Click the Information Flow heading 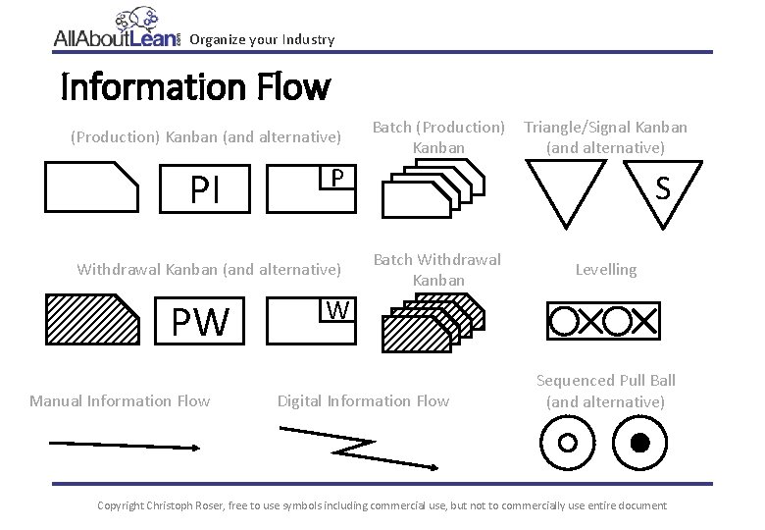(x=195, y=88)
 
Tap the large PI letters (x=205, y=189)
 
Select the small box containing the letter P (x=335, y=178)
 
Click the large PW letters (x=199, y=321)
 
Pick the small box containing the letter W (x=335, y=310)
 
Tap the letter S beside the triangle (x=663, y=187)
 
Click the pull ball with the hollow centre (x=567, y=443)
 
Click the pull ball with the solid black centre (x=638, y=443)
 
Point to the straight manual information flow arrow (x=125, y=445)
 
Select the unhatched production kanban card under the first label (x=92, y=186)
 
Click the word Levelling (x=605, y=269)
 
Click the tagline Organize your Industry (x=262, y=39)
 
